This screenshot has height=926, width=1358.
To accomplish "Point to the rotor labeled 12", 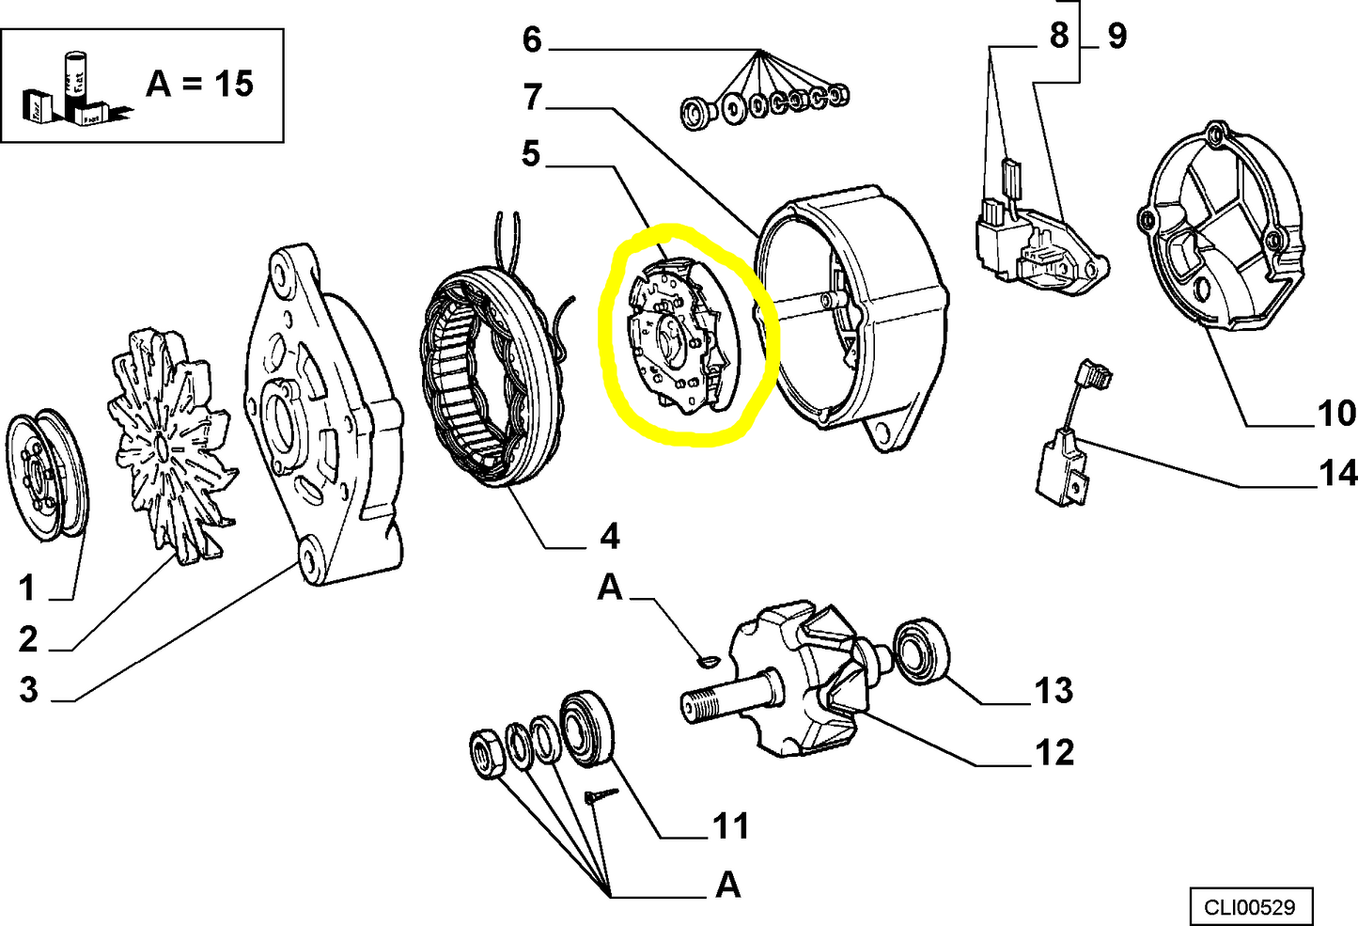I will [808, 677].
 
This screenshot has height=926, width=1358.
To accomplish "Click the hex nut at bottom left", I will [488, 753].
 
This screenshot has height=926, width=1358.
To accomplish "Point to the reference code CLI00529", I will [1250, 907].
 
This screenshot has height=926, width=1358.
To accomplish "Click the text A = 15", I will [199, 84].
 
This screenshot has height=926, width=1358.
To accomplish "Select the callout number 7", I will [533, 97].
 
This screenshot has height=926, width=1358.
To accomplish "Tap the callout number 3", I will [29, 690].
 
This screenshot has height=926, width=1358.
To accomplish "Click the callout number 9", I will [1116, 36].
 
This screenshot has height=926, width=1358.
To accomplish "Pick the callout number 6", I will [532, 39].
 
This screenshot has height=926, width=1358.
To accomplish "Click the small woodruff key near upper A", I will [708, 662].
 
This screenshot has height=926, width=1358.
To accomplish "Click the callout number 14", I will [1337, 473].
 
